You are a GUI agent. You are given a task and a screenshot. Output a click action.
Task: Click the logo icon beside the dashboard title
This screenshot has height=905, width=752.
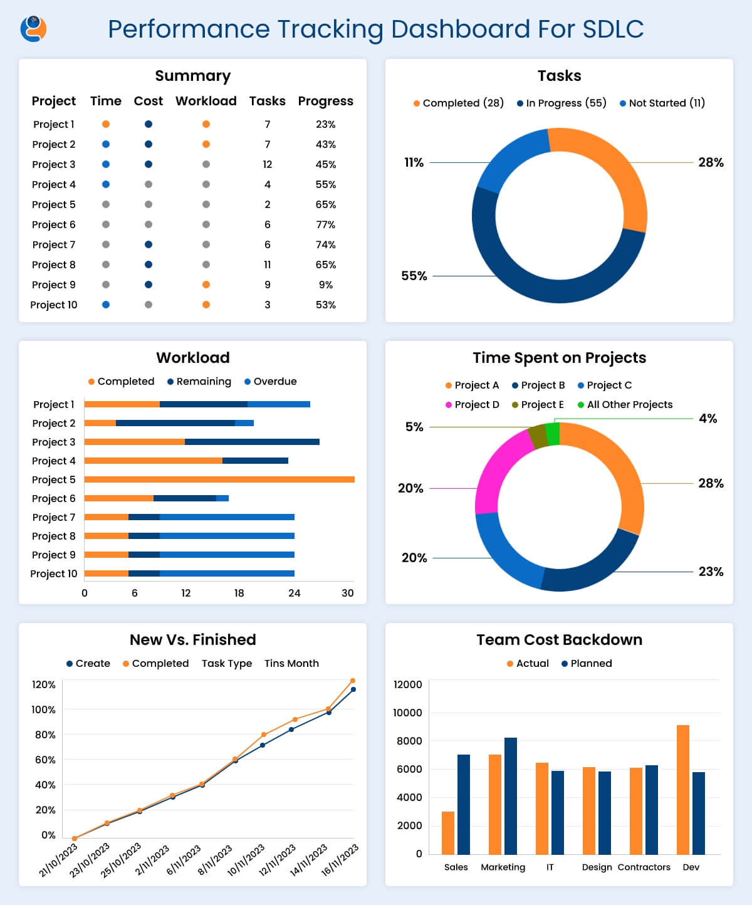coord(33,29)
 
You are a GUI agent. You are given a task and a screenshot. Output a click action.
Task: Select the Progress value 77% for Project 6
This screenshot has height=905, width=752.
coord(325,224)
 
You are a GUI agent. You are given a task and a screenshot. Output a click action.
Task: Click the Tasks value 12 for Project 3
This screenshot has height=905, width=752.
coord(268,164)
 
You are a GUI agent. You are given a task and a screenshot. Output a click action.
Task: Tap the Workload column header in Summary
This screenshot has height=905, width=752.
coord(206,101)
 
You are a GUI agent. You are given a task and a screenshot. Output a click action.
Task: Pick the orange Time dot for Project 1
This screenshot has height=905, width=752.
coord(106,124)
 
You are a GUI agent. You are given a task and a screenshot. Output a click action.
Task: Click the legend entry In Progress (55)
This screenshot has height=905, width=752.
coord(561,103)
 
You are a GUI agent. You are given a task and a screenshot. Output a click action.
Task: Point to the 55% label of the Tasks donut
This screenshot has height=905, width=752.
coord(414,276)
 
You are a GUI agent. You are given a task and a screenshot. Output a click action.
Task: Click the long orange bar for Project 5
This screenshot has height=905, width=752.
coord(219,479)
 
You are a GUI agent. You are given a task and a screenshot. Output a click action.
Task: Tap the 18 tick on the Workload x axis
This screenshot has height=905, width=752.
coord(239,593)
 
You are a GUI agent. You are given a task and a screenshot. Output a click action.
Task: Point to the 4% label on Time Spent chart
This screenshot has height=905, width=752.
coord(708,419)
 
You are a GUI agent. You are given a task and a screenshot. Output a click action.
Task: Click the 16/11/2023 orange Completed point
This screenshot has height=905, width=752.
coord(353,681)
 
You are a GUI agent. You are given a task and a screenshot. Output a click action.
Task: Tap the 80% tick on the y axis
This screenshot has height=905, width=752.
coord(45,735)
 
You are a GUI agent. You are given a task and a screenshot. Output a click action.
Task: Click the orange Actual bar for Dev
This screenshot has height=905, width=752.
coord(682,790)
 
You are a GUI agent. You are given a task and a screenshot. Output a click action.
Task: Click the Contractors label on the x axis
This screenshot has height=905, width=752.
coord(644,867)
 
